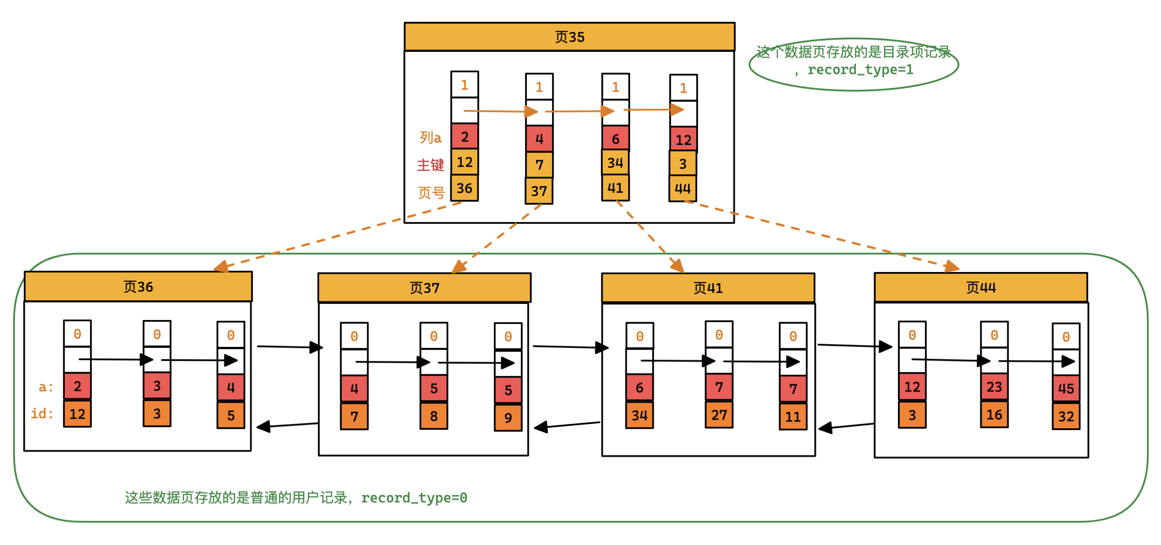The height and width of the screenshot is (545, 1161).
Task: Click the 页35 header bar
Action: (569, 37)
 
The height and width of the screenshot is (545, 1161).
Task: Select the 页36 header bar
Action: (138, 287)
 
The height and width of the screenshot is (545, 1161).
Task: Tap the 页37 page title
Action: (424, 288)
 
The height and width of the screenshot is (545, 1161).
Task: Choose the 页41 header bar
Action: (708, 288)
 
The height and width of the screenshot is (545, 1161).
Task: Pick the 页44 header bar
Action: (981, 288)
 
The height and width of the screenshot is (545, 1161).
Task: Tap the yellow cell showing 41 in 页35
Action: (615, 188)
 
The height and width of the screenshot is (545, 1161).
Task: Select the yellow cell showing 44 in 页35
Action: (682, 189)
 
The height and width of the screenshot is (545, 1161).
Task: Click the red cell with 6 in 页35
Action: (615, 139)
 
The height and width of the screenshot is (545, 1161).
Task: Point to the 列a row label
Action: (430, 138)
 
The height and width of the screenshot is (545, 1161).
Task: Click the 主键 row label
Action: (430, 165)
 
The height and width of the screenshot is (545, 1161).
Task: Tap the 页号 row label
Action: (431, 193)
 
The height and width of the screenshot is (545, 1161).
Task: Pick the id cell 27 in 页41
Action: (719, 415)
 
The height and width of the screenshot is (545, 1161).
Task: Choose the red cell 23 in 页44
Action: (994, 387)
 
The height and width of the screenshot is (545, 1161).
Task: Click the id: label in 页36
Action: (42, 414)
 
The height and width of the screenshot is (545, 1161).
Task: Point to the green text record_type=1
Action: (860, 70)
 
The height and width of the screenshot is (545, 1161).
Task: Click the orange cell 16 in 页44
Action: (994, 415)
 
